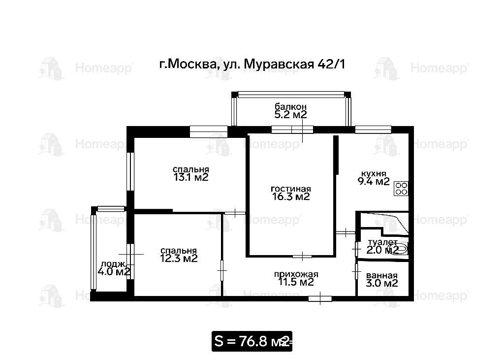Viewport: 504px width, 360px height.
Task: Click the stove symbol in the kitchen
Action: click(x=401, y=189)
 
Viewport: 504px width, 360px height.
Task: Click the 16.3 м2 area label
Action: click(x=291, y=196)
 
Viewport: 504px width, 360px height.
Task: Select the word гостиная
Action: click(x=291, y=189)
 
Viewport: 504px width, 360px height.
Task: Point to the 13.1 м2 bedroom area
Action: click(x=191, y=177)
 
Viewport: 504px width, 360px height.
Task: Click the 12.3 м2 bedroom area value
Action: click(x=179, y=259)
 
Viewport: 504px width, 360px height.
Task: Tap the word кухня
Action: click(x=374, y=174)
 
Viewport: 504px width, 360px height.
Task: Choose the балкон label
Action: click(x=290, y=106)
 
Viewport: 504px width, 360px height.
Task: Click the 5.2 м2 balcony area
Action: click(x=290, y=115)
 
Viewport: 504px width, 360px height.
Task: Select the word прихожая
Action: click(x=296, y=274)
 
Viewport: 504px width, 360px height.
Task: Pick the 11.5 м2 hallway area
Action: click(x=296, y=282)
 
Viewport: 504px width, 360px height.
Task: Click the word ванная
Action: click(x=382, y=276)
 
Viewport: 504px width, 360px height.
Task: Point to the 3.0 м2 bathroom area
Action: click(x=382, y=284)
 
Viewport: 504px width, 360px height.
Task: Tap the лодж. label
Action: click(x=113, y=264)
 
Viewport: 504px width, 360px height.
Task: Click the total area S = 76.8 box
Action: click(x=252, y=341)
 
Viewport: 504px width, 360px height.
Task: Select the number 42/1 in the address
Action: click(x=331, y=65)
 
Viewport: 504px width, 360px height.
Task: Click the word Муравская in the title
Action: click(x=279, y=65)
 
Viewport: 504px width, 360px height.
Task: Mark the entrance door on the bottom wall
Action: click(x=320, y=299)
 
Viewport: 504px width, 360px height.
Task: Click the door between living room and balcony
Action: click(x=292, y=130)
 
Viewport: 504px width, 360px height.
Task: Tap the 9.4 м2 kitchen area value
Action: click(x=374, y=182)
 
